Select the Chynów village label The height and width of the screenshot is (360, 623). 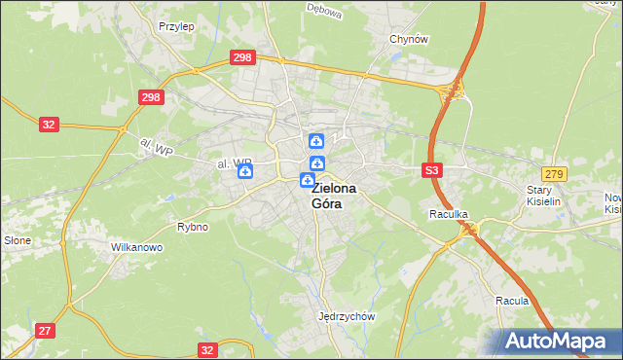(x=409, y=39)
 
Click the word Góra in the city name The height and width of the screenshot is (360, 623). (x=327, y=204)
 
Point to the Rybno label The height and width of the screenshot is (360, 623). (x=193, y=227)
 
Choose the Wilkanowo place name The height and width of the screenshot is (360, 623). (x=136, y=247)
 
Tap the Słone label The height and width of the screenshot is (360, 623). (x=18, y=240)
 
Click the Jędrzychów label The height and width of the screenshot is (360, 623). (x=347, y=316)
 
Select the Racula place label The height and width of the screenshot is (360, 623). (x=511, y=301)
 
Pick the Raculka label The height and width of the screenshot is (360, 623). (x=449, y=213)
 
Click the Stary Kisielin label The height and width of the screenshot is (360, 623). (x=545, y=197)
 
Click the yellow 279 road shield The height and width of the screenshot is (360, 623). (x=554, y=173)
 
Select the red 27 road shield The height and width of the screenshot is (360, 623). (x=45, y=331)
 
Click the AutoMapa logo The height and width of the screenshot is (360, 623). (x=561, y=341)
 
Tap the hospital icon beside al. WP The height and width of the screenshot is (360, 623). (x=245, y=171)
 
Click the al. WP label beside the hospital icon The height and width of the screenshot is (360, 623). (x=234, y=162)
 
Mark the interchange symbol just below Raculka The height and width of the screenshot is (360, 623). (x=470, y=230)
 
